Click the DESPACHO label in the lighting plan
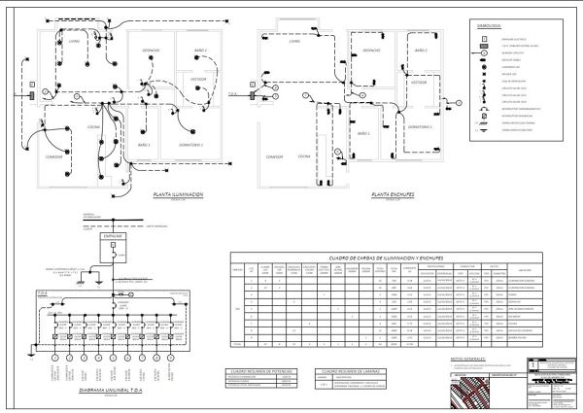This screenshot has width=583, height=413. (151, 50)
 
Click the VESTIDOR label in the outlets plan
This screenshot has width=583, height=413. (418, 83)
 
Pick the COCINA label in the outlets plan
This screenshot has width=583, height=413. (304, 155)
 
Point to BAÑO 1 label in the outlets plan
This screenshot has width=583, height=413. (363, 133)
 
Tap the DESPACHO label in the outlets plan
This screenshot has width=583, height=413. (371, 50)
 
